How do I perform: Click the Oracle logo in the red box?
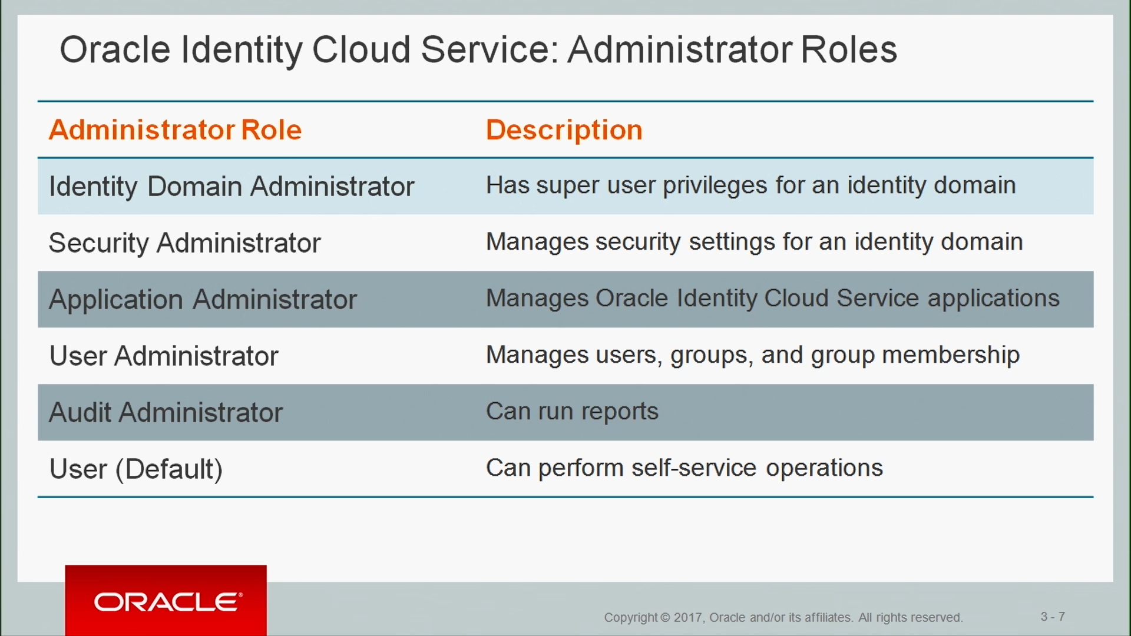coord(168,602)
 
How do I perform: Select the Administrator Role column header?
coord(175,130)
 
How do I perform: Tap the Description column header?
coord(564,130)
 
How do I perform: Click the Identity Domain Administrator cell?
coord(232,187)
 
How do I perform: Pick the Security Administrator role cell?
coord(184,243)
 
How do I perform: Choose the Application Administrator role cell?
coord(203,300)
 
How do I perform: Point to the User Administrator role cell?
coord(164,356)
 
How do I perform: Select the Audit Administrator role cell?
coord(166,412)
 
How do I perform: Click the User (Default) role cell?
coord(136,469)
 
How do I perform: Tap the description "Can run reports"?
coord(572,412)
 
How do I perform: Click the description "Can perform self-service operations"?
coord(684,468)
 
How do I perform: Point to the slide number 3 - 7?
coord(1053,617)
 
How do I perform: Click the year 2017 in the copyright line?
coord(687,617)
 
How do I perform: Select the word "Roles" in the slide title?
coord(849,49)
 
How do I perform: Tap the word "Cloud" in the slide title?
coord(361,49)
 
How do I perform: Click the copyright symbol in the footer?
coord(665,617)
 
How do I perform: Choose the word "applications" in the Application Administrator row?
coord(994,299)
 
